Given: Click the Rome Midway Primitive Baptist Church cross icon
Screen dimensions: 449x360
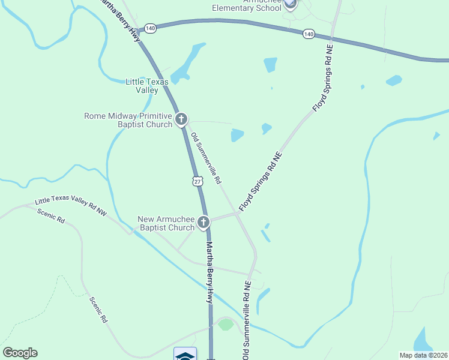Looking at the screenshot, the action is pyautogui.click(x=181, y=120).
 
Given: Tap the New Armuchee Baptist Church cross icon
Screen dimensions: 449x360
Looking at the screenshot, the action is pyautogui.click(x=203, y=223).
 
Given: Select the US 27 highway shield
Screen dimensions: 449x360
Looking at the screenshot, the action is pyautogui.click(x=197, y=181).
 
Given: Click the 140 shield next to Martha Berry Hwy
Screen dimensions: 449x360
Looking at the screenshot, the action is pyautogui.click(x=150, y=28).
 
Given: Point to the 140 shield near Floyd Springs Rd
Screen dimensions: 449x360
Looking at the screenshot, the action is pyautogui.click(x=309, y=34).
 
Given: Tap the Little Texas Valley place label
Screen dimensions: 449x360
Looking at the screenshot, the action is pyautogui.click(x=142, y=86).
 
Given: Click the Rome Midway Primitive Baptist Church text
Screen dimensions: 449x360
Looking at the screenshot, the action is pyautogui.click(x=128, y=120).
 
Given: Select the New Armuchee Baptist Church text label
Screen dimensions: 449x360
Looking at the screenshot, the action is pyautogui.click(x=166, y=223).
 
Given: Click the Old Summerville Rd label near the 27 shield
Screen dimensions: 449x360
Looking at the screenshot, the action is pyautogui.click(x=206, y=158).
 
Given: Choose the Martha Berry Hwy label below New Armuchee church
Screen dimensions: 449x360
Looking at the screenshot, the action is pyautogui.click(x=209, y=273).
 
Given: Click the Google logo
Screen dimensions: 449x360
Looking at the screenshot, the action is pyautogui.click(x=20, y=353).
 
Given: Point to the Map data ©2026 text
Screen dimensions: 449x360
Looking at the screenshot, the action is pyautogui.click(x=424, y=355).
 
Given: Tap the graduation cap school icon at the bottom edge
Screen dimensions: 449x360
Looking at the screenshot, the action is pyautogui.click(x=185, y=355).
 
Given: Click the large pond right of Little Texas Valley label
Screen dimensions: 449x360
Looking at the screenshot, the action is pyautogui.click(x=187, y=64).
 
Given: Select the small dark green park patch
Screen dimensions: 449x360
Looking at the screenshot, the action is pyautogui.click(x=226, y=325).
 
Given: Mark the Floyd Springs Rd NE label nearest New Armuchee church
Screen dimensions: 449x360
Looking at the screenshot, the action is pyautogui.click(x=261, y=181).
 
